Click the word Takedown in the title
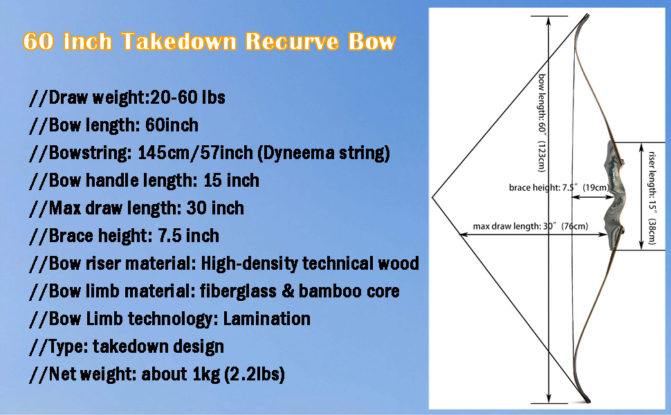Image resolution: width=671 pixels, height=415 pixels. [x=179, y=42]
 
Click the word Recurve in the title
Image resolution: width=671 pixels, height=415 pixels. [x=292, y=42]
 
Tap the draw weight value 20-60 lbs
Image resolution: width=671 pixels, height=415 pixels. [x=188, y=98]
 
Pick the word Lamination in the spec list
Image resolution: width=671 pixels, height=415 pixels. [x=266, y=319]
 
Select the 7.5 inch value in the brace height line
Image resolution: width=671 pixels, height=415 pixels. [x=189, y=236]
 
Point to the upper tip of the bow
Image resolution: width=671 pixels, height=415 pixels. [x=587, y=15]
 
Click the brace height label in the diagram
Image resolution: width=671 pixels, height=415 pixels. [x=559, y=187]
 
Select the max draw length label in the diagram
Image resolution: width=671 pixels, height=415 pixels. [x=530, y=226]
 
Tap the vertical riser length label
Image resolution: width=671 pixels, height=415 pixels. [x=652, y=198]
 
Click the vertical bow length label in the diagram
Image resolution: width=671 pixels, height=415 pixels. [x=542, y=123]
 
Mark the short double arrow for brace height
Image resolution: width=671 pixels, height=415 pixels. [x=593, y=197]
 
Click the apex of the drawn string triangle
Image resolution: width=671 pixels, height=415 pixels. [x=432, y=198]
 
